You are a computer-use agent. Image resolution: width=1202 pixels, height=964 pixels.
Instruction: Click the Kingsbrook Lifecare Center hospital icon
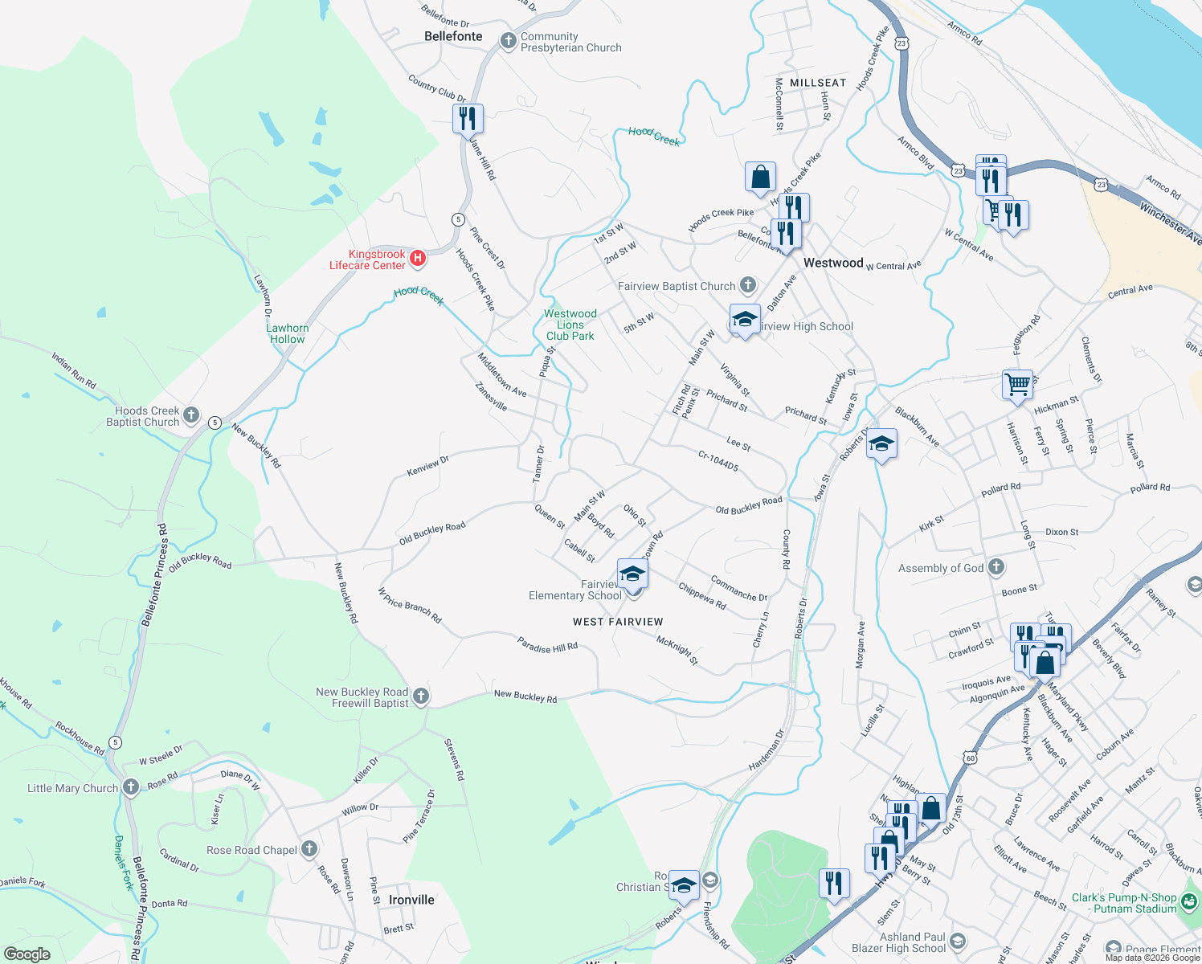click(x=418, y=258)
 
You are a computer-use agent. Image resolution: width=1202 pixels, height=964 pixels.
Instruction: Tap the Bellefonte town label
click(x=453, y=36)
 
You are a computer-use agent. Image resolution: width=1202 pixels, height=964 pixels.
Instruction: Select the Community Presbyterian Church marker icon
click(x=508, y=40)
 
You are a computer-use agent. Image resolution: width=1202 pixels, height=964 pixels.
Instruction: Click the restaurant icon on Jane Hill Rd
click(x=468, y=119)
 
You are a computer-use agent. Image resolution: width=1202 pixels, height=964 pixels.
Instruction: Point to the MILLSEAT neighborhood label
click(x=818, y=83)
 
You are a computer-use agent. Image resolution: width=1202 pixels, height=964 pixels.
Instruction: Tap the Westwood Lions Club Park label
click(x=570, y=325)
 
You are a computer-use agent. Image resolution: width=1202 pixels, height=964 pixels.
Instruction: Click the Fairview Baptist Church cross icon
click(x=748, y=284)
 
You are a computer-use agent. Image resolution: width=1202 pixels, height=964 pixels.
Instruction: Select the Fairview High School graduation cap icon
click(x=745, y=320)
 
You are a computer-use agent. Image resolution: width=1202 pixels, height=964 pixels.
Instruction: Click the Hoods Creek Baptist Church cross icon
click(x=191, y=415)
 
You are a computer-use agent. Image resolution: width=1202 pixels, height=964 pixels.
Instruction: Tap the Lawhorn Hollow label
click(x=288, y=333)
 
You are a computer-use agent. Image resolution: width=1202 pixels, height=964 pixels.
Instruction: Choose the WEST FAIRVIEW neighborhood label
click(x=618, y=622)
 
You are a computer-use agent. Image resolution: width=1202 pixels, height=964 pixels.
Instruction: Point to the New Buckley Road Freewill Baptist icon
click(x=421, y=696)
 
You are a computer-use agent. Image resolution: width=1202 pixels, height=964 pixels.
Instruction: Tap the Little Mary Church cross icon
click(x=131, y=787)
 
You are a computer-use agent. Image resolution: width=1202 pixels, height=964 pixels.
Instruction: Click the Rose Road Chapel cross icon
click(x=309, y=849)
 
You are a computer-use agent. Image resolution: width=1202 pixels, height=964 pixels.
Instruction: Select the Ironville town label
click(x=411, y=900)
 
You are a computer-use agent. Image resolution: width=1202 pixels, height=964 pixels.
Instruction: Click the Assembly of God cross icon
click(x=996, y=567)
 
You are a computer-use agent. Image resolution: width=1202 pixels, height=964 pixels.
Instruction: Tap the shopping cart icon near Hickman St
click(x=1017, y=384)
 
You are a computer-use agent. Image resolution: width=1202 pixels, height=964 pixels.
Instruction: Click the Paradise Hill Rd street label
click(x=547, y=645)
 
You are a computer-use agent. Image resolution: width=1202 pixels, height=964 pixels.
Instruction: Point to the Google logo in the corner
click(x=27, y=954)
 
